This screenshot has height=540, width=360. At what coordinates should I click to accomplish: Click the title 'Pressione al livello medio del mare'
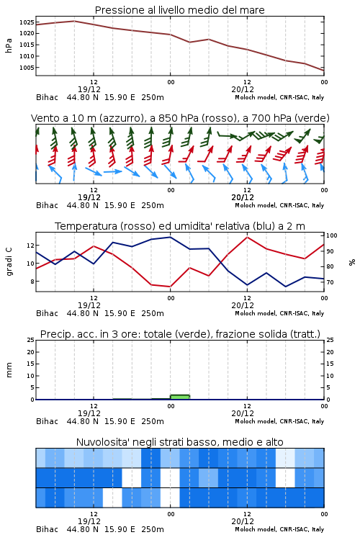(x=179, y=10)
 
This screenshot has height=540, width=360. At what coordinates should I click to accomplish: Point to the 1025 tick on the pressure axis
(x=27, y=22)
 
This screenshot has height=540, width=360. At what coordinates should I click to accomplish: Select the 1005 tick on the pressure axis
(x=27, y=68)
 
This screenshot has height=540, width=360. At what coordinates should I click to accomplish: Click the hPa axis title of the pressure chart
(x=9, y=45)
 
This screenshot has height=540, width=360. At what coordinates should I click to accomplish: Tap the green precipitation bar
(x=180, y=397)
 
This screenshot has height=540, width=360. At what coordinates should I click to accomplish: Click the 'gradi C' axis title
(x=9, y=262)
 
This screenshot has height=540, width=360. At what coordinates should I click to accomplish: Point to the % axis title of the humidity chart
(x=352, y=262)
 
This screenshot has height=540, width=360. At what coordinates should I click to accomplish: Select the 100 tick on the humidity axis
(x=331, y=235)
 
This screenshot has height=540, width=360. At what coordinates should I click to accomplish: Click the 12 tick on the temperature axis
(x=30, y=246)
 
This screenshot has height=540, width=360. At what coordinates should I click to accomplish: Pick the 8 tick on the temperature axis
(x=32, y=282)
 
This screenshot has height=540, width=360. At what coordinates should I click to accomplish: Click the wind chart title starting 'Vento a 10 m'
(x=180, y=118)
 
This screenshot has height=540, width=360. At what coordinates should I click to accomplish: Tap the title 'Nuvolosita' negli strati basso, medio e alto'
(x=179, y=442)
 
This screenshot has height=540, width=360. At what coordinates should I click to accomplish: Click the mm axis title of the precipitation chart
(x=9, y=370)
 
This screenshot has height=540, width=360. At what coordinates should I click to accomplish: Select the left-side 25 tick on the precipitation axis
(x=31, y=340)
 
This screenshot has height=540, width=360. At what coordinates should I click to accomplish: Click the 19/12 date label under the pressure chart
(x=89, y=89)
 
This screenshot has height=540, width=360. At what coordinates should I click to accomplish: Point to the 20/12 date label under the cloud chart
(x=243, y=521)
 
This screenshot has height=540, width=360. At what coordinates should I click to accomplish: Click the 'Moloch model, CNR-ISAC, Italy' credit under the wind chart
(x=279, y=206)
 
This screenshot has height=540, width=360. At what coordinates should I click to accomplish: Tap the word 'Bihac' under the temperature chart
(x=48, y=313)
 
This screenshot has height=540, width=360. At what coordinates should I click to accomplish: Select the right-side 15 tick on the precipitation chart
(x=330, y=364)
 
